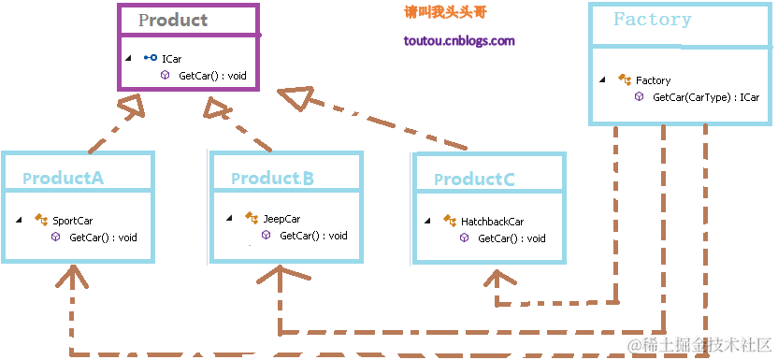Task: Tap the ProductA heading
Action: pyautogui.click(x=63, y=178)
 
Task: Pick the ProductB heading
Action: pyautogui.click(x=272, y=178)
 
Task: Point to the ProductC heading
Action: pyautogui.click(x=474, y=179)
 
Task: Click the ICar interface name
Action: pyautogui.click(x=171, y=58)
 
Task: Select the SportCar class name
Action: pyautogui.click(x=72, y=221)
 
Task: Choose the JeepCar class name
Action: pyautogui.click(x=281, y=219)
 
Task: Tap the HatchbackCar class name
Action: pyautogui.click(x=492, y=222)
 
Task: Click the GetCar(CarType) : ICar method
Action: pyautogui.click(x=705, y=96)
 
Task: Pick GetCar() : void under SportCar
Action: pyautogui.click(x=103, y=238)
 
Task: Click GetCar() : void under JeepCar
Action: pyautogui.click(x=313, y=236)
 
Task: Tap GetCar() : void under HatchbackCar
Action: pyautogui.click(x=511, y=238)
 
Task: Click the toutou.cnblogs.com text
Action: pyautogui.click(x=459, y=41)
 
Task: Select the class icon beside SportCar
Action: pyautogui.click(x=41, y=221)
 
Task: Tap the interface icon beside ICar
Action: pyautogui.click(x=150, y=58)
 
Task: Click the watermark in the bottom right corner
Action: pyautogui.click(x=699, y=345)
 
